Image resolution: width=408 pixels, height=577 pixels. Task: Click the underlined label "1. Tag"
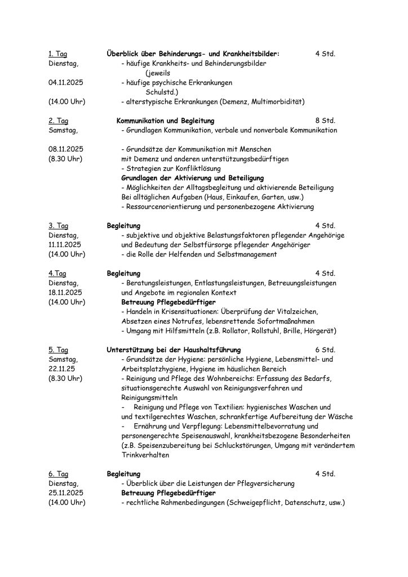[57, 54]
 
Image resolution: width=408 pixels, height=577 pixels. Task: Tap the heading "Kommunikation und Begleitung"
[165, 121]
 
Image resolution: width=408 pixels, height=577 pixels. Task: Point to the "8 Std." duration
[325, 121]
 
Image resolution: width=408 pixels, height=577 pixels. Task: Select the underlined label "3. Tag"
[57, 226]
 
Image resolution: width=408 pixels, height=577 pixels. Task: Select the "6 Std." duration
[325, 350]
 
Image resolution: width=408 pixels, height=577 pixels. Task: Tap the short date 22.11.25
[63, 369]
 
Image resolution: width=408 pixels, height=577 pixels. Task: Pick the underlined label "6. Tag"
[57, 474]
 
